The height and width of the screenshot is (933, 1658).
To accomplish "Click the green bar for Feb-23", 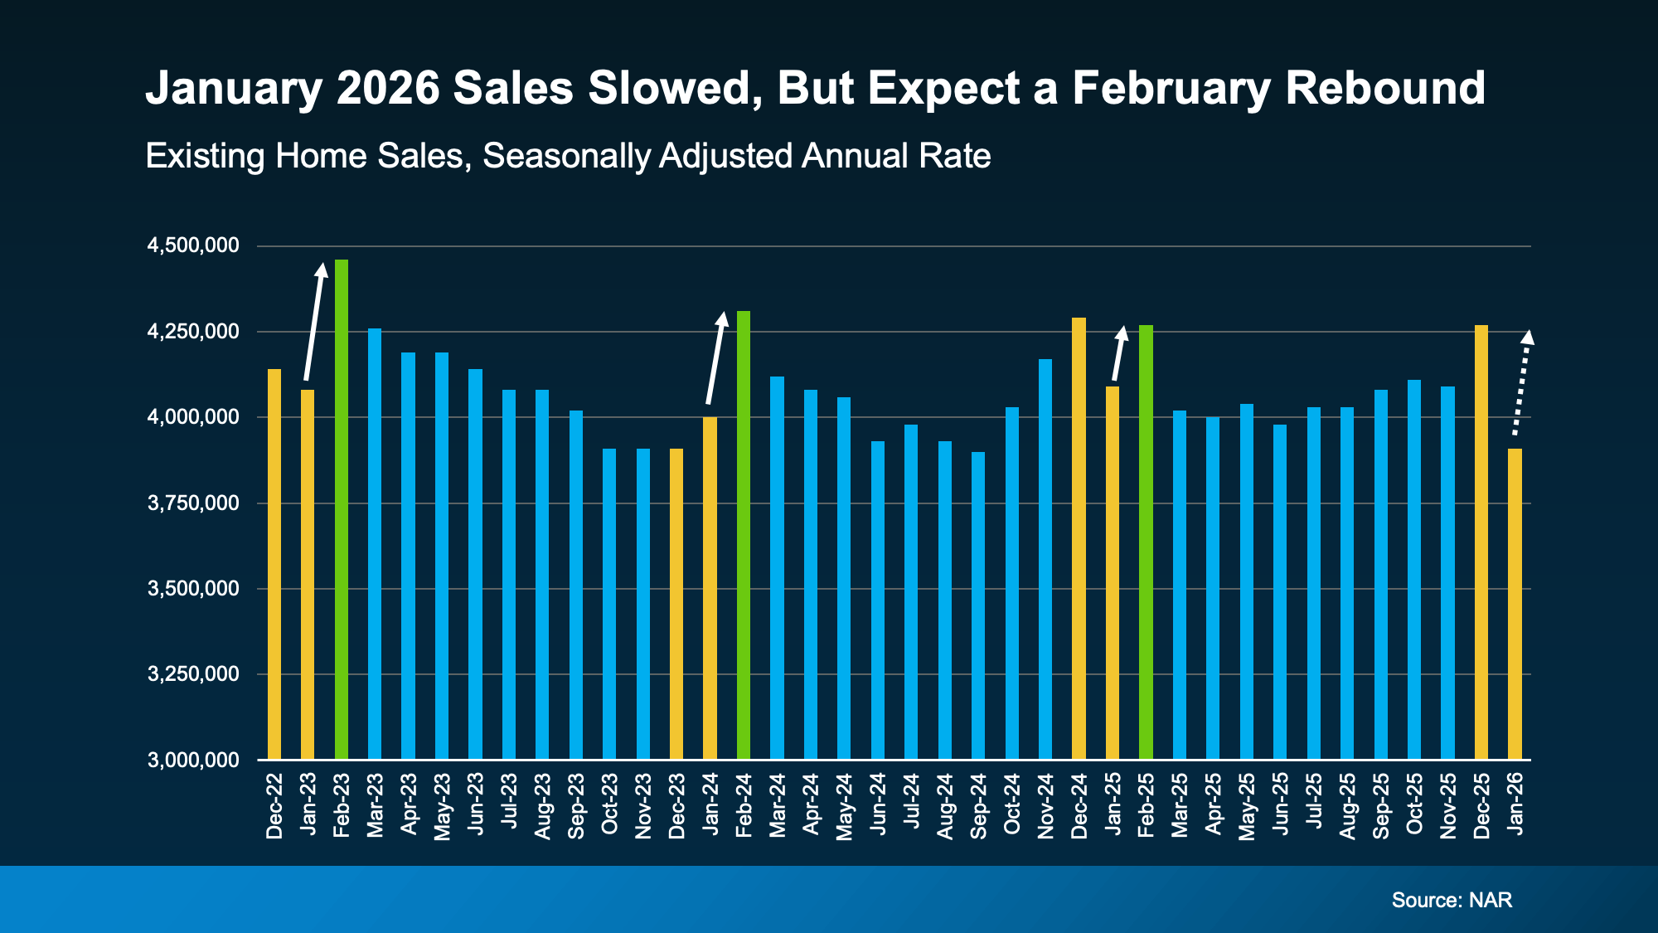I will pos(341,510).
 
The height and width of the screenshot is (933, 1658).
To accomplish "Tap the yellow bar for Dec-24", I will pos(1079,539).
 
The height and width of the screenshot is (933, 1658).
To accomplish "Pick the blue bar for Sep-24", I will pos(978,605).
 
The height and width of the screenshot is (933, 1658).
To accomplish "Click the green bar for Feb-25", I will pos(1146,542).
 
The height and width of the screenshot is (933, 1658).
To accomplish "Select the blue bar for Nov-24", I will pos(1045,560).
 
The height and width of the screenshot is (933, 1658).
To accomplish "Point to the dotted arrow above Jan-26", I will pos(1521,383).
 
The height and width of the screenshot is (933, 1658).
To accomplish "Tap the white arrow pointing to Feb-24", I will pos(715,358).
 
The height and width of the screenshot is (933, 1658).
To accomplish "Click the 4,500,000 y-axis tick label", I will pos(193,245).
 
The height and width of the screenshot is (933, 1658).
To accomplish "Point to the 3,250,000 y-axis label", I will pos(193,674).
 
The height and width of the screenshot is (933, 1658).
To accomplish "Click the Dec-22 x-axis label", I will pos(274,806).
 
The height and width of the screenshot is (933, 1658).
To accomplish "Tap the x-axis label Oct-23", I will pos(609,804).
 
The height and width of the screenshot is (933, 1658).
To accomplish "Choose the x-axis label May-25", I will pos(1247,807).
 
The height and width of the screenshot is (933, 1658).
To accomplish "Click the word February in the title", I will pos(1171,88).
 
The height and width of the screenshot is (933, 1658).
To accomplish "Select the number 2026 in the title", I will pos(388,88).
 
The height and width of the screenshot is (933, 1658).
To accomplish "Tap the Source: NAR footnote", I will pos(1452,900).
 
